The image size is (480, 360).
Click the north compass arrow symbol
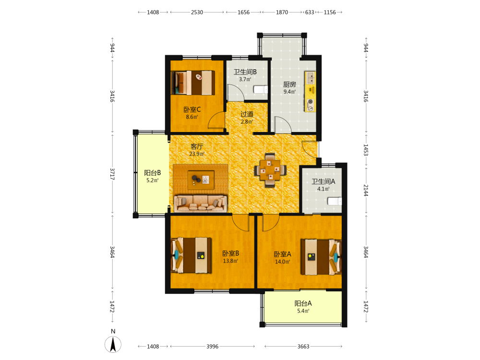(x=113, y=344)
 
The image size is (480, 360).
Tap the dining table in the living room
(x=270, y=170)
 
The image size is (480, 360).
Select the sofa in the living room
(x=201, y=203)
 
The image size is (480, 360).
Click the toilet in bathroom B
(x=261, y=89)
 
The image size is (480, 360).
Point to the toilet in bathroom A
(x=335, y=201)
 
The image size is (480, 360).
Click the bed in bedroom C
(x=193, y=83)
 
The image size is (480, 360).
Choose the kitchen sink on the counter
(x=311, y=78)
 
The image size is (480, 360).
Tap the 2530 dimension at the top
(x=197, y=12)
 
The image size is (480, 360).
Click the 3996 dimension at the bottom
(x=212, y=346)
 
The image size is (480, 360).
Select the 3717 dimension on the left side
(x=112, y=174)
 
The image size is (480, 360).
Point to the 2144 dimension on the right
(x=366, y=191)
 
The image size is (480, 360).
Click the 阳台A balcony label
(x=303, y=303)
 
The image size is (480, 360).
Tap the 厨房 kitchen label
(x=289, y=84)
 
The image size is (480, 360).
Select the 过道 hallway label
(x=247, y=114)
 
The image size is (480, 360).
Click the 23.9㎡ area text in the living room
(x=196, y=154)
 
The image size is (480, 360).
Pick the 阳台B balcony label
(x=153, y=173)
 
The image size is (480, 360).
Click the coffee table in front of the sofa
(x=201, y=179)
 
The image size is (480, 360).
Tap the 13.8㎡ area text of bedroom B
(x=230, y=261)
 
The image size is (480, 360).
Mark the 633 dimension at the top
(x=310, y=12)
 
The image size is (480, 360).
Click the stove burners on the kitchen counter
(x=311, y=105)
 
